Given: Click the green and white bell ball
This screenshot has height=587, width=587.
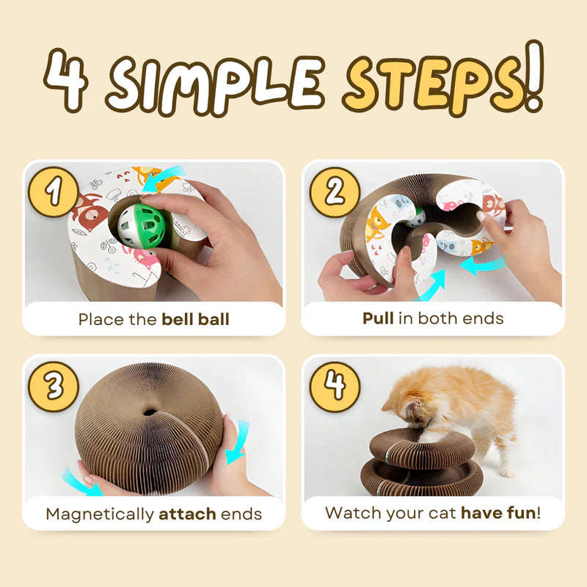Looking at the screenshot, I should [144, 226].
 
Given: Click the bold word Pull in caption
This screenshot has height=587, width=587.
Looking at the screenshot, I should [379, 319].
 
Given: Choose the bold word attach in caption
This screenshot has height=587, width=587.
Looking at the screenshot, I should [187, 514].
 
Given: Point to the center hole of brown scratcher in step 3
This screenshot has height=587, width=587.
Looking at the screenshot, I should [150, 412].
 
